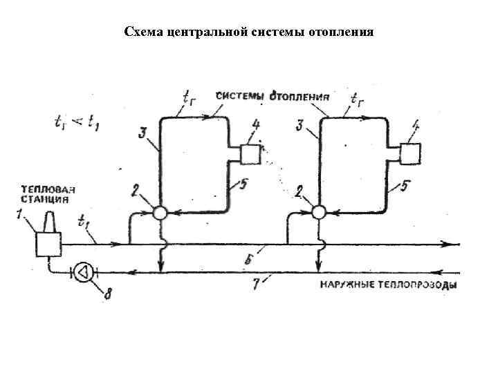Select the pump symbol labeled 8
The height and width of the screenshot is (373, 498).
(x=84, y=272)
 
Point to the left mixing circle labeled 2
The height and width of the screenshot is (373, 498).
(x=160, y=213)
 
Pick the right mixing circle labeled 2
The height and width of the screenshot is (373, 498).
(x=319, y=213)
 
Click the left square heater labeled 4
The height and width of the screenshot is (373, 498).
(x=250, y=153)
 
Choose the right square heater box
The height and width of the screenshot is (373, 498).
(x=411, y=153)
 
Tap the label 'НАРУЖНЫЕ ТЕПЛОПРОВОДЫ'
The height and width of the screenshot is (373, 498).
(x=388, y=285)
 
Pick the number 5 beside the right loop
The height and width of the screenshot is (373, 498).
(x=403, y=186)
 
